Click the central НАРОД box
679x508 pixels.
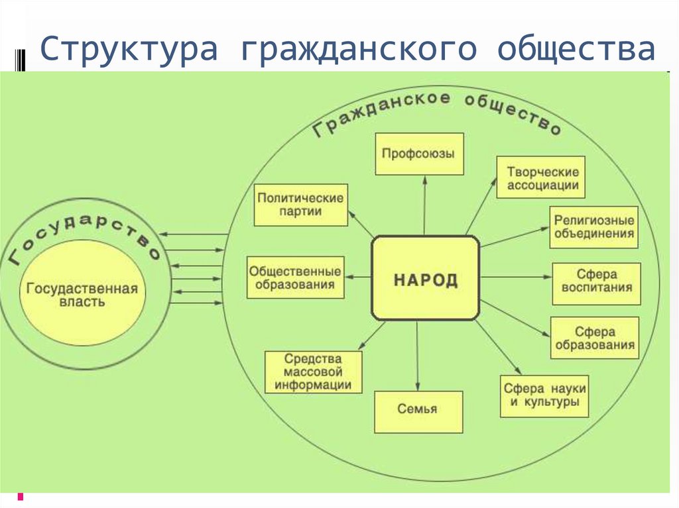tap(425, 278)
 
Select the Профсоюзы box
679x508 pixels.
tap(418, 154)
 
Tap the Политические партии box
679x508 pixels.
tap(300, 205)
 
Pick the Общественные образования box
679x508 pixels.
tap(295, 278)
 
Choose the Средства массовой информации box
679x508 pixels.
tap(313, 372)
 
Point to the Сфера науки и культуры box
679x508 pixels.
tap(544, 395)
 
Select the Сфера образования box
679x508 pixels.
tap(595, 338)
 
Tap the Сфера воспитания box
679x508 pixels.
tap(597, 281)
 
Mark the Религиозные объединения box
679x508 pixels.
tap(594, 227)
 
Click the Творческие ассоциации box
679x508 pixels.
tap(542, 178)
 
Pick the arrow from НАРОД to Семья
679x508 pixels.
tap(417, 355)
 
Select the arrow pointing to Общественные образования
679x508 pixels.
tap(358, 278)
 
